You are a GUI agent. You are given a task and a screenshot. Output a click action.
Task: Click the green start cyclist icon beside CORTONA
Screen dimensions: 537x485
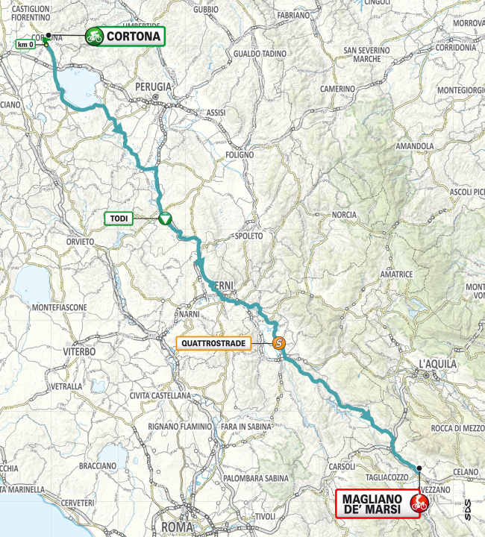click(x=94, y=35)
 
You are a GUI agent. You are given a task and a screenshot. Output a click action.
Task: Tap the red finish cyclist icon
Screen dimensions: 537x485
click(x=419, y=504)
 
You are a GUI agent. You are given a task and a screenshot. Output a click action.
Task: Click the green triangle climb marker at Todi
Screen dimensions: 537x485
click(x=164, y=219)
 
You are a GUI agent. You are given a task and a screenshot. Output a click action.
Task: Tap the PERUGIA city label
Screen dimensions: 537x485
click(x=154, y=87)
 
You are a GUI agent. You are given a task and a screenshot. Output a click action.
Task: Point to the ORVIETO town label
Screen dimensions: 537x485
click(x=80, y=242)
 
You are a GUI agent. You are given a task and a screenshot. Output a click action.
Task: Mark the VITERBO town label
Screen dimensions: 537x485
click(x=80, y=351)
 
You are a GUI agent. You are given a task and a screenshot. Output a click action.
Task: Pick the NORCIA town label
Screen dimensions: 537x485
click(x=344, y=215)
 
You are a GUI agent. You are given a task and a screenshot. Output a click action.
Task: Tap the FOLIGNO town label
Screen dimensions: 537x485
click(x=240, y=154)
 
